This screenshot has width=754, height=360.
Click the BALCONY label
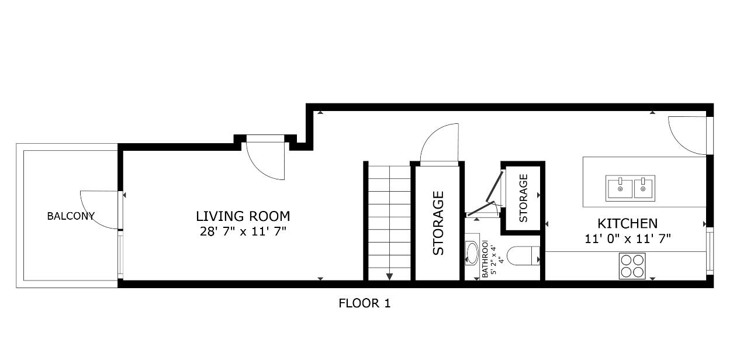click(70, 216)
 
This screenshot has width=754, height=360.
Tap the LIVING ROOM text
click(243, 216)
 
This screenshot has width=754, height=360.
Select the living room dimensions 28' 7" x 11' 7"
click(243, 231)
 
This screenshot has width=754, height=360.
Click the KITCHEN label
click(627, 223)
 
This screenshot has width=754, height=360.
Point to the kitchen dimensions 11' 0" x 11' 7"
click(627, 238)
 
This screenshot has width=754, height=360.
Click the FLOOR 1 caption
click(364, 303)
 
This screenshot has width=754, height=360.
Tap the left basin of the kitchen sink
click(620, 188)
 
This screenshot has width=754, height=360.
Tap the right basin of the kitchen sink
click(643, 188)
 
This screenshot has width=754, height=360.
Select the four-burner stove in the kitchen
click(632, 265)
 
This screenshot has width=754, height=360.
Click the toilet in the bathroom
click(522, 257)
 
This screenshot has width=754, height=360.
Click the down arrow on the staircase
click(389, 276)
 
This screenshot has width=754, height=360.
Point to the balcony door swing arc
click(99, 209)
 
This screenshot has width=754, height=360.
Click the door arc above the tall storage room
click(440, 143)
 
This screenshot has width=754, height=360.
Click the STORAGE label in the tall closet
click(438, 223)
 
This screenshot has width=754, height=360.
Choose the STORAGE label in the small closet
click(523, 198)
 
